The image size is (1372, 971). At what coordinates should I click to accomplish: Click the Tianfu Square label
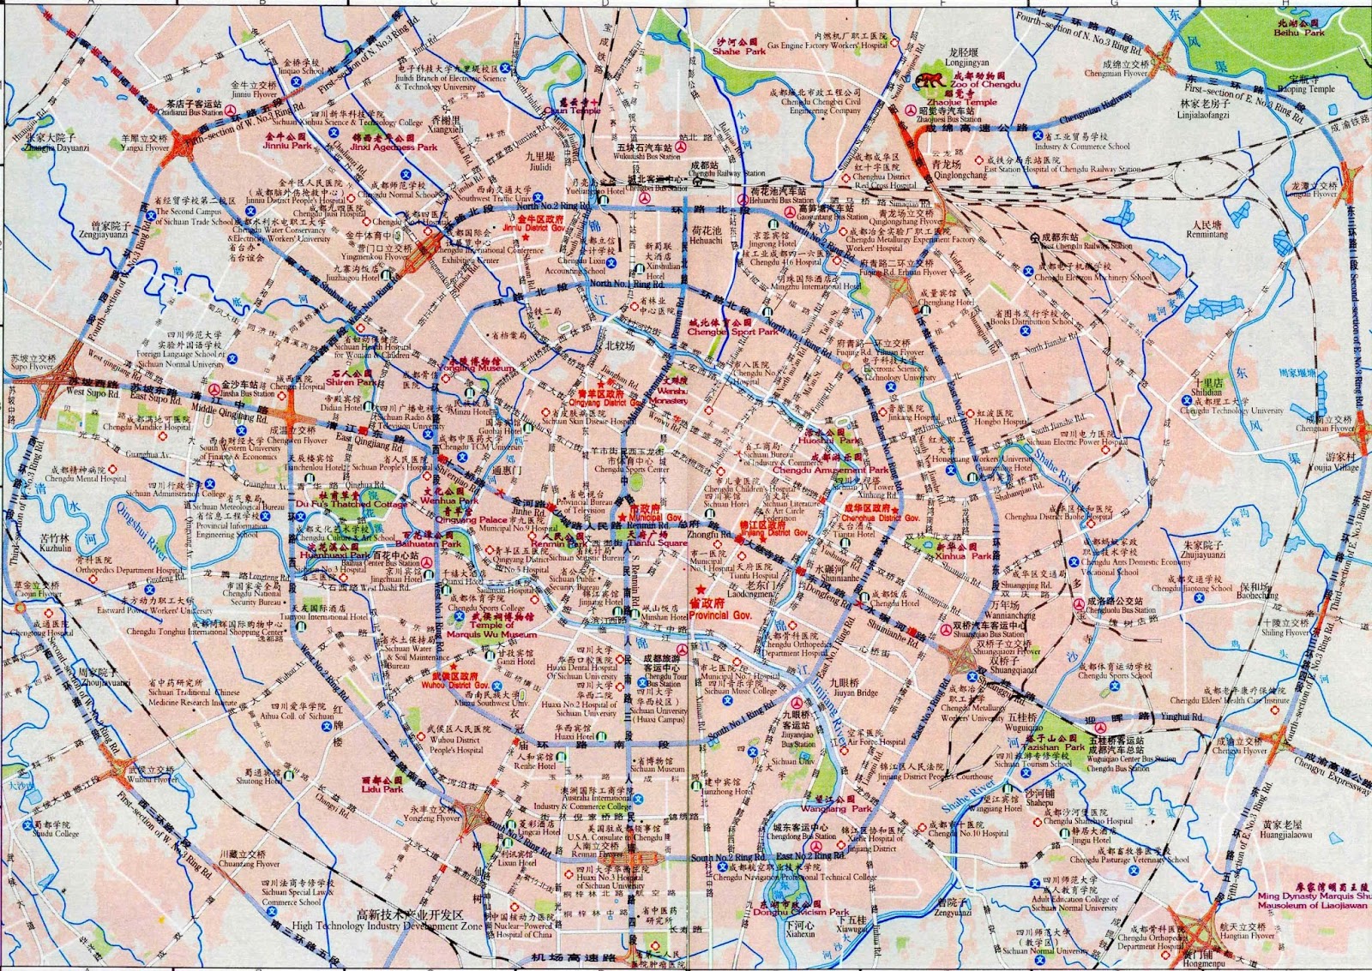pyautogui.click(x=657, y=543)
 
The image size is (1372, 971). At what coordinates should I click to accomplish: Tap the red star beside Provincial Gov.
pyautogui.click(x=701, y=590)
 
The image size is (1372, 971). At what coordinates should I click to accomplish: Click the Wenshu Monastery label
pyautogui.click(x=673, y=395)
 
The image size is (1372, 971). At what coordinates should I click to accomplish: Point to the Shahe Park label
pyautogui.click(x=738, y=51)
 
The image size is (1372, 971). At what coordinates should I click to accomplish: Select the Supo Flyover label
pyautogui.click(x=32, y=366)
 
